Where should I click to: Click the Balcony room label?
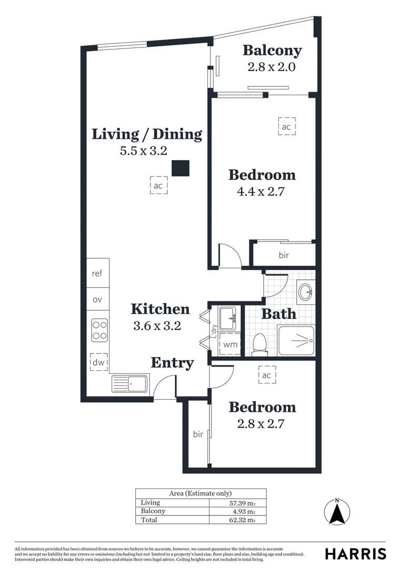[272, 50]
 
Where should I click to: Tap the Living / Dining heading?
[147, 134]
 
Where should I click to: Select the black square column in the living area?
[181, 168]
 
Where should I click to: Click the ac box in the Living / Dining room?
[158, 186]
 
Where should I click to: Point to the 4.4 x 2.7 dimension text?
[261, 191]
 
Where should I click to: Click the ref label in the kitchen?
[97, 273]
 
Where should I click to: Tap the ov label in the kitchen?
[97, 300]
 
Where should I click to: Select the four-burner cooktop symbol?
[99, 330]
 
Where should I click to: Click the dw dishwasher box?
[99, 362]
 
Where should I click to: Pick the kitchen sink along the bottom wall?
[130, 384]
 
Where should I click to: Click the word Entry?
[173, 363]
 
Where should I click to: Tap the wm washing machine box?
[230, 345]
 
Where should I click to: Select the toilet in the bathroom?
[259, 344]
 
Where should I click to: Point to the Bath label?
[279, 315]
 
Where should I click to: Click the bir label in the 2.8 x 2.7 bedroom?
[198, 434]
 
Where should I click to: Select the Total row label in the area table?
[149, 520]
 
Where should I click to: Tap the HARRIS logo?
[355, 554]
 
